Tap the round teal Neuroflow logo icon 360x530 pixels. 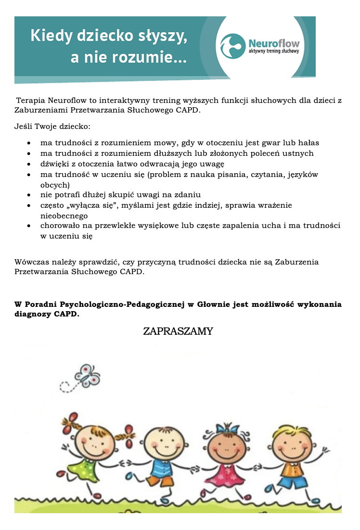pos(233,46)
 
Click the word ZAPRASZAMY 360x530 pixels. pos(178,331)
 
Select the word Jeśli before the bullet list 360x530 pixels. pos(24,127)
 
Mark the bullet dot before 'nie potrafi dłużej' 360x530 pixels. pos(30,195)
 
